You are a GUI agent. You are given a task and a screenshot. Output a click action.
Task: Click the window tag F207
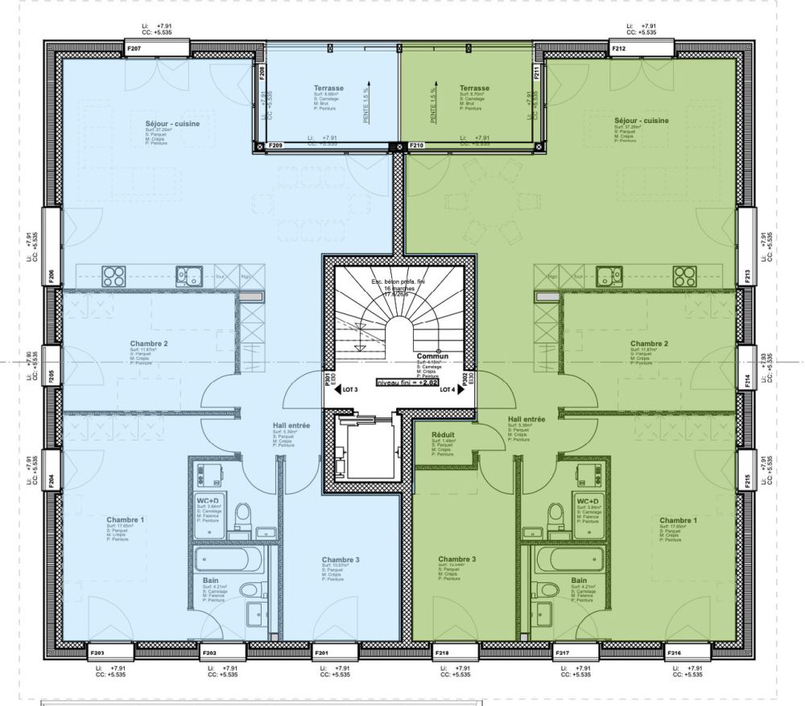[134, 49]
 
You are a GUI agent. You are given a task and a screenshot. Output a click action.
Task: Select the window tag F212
[619, 49]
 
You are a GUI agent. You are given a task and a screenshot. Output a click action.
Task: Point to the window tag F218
[442, 652]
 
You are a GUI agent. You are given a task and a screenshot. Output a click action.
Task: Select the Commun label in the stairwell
[432, 355]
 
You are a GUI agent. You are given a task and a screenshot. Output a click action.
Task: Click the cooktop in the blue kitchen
[114, 276]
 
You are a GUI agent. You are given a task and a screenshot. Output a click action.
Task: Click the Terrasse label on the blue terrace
[328, 88]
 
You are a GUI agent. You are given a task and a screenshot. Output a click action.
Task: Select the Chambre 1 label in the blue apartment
[126, 519]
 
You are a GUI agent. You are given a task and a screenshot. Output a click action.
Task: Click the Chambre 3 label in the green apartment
[457, 559]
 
